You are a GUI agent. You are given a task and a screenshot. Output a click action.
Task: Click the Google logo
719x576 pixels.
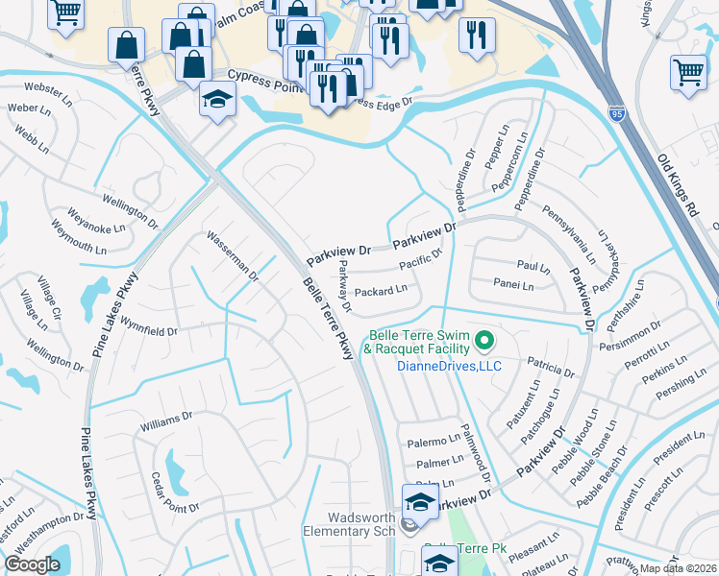coord(32,564)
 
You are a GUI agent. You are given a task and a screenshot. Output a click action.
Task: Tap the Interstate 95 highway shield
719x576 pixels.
coord(616,114)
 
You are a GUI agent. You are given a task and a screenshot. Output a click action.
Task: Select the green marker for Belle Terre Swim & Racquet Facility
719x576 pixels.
coord(485,340)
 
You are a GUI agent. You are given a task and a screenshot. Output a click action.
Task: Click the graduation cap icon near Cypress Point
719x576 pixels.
coord(218,100)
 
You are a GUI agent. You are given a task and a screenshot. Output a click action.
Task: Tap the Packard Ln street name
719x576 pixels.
coord(381,289)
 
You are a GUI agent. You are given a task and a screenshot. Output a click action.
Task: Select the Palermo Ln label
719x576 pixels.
coord(433,441)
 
